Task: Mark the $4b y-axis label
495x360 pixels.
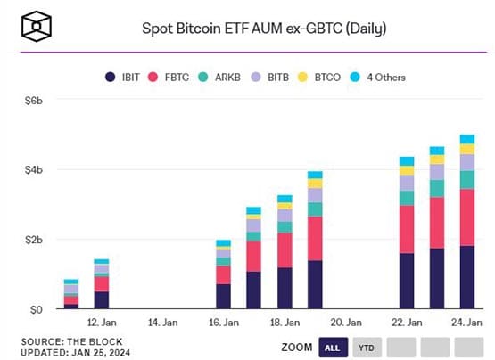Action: click(x=34, y=170)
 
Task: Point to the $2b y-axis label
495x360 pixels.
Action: click(x=34, y=240)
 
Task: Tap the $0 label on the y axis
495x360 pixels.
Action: click(x=37, y=310)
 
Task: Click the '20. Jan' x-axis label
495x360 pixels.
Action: click(x=345, y=323)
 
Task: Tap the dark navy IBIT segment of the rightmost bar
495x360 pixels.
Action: click(x=466, y=277)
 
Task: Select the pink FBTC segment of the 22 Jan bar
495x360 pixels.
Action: click(x=407, y=229)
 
